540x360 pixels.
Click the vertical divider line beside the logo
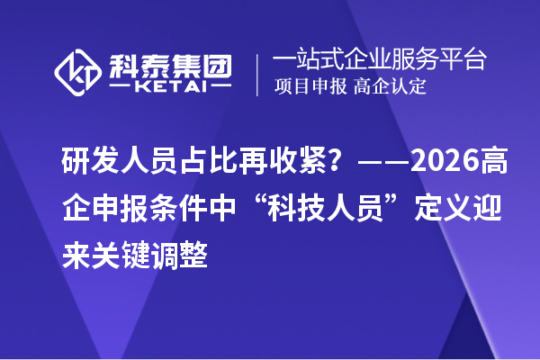[x=257, y=74]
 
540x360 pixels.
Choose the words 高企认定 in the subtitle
[x=390, y=87]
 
